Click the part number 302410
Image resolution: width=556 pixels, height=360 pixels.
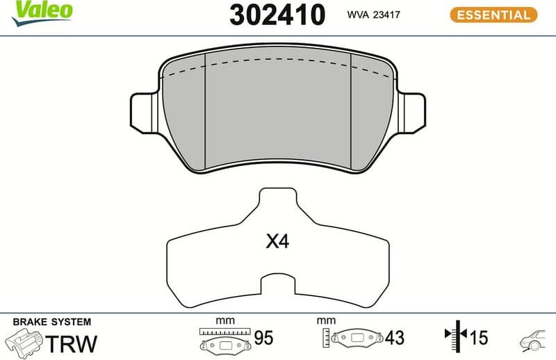pyautogui.click(x=277, y=15)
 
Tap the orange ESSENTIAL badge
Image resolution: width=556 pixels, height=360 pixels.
pyautogui.click(x=493, y=14)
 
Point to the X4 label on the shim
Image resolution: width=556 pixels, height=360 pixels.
pyautogui.click(x=277, y=242)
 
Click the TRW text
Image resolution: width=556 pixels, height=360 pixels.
pyautogui.click(x=72, y=343)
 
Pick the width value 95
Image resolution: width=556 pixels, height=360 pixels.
pyautogui.click(x=263, y=338)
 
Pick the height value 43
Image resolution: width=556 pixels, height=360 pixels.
pyautogui.click(x=395, y=338)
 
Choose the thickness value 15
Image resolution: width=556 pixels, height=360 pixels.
pyautogui.click(x=479, y=338)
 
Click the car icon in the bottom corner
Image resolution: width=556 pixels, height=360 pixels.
pyautogui.click(x=533, y=339)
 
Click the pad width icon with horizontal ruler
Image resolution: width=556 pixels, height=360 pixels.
pyautogui.click(x=224, y=339)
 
